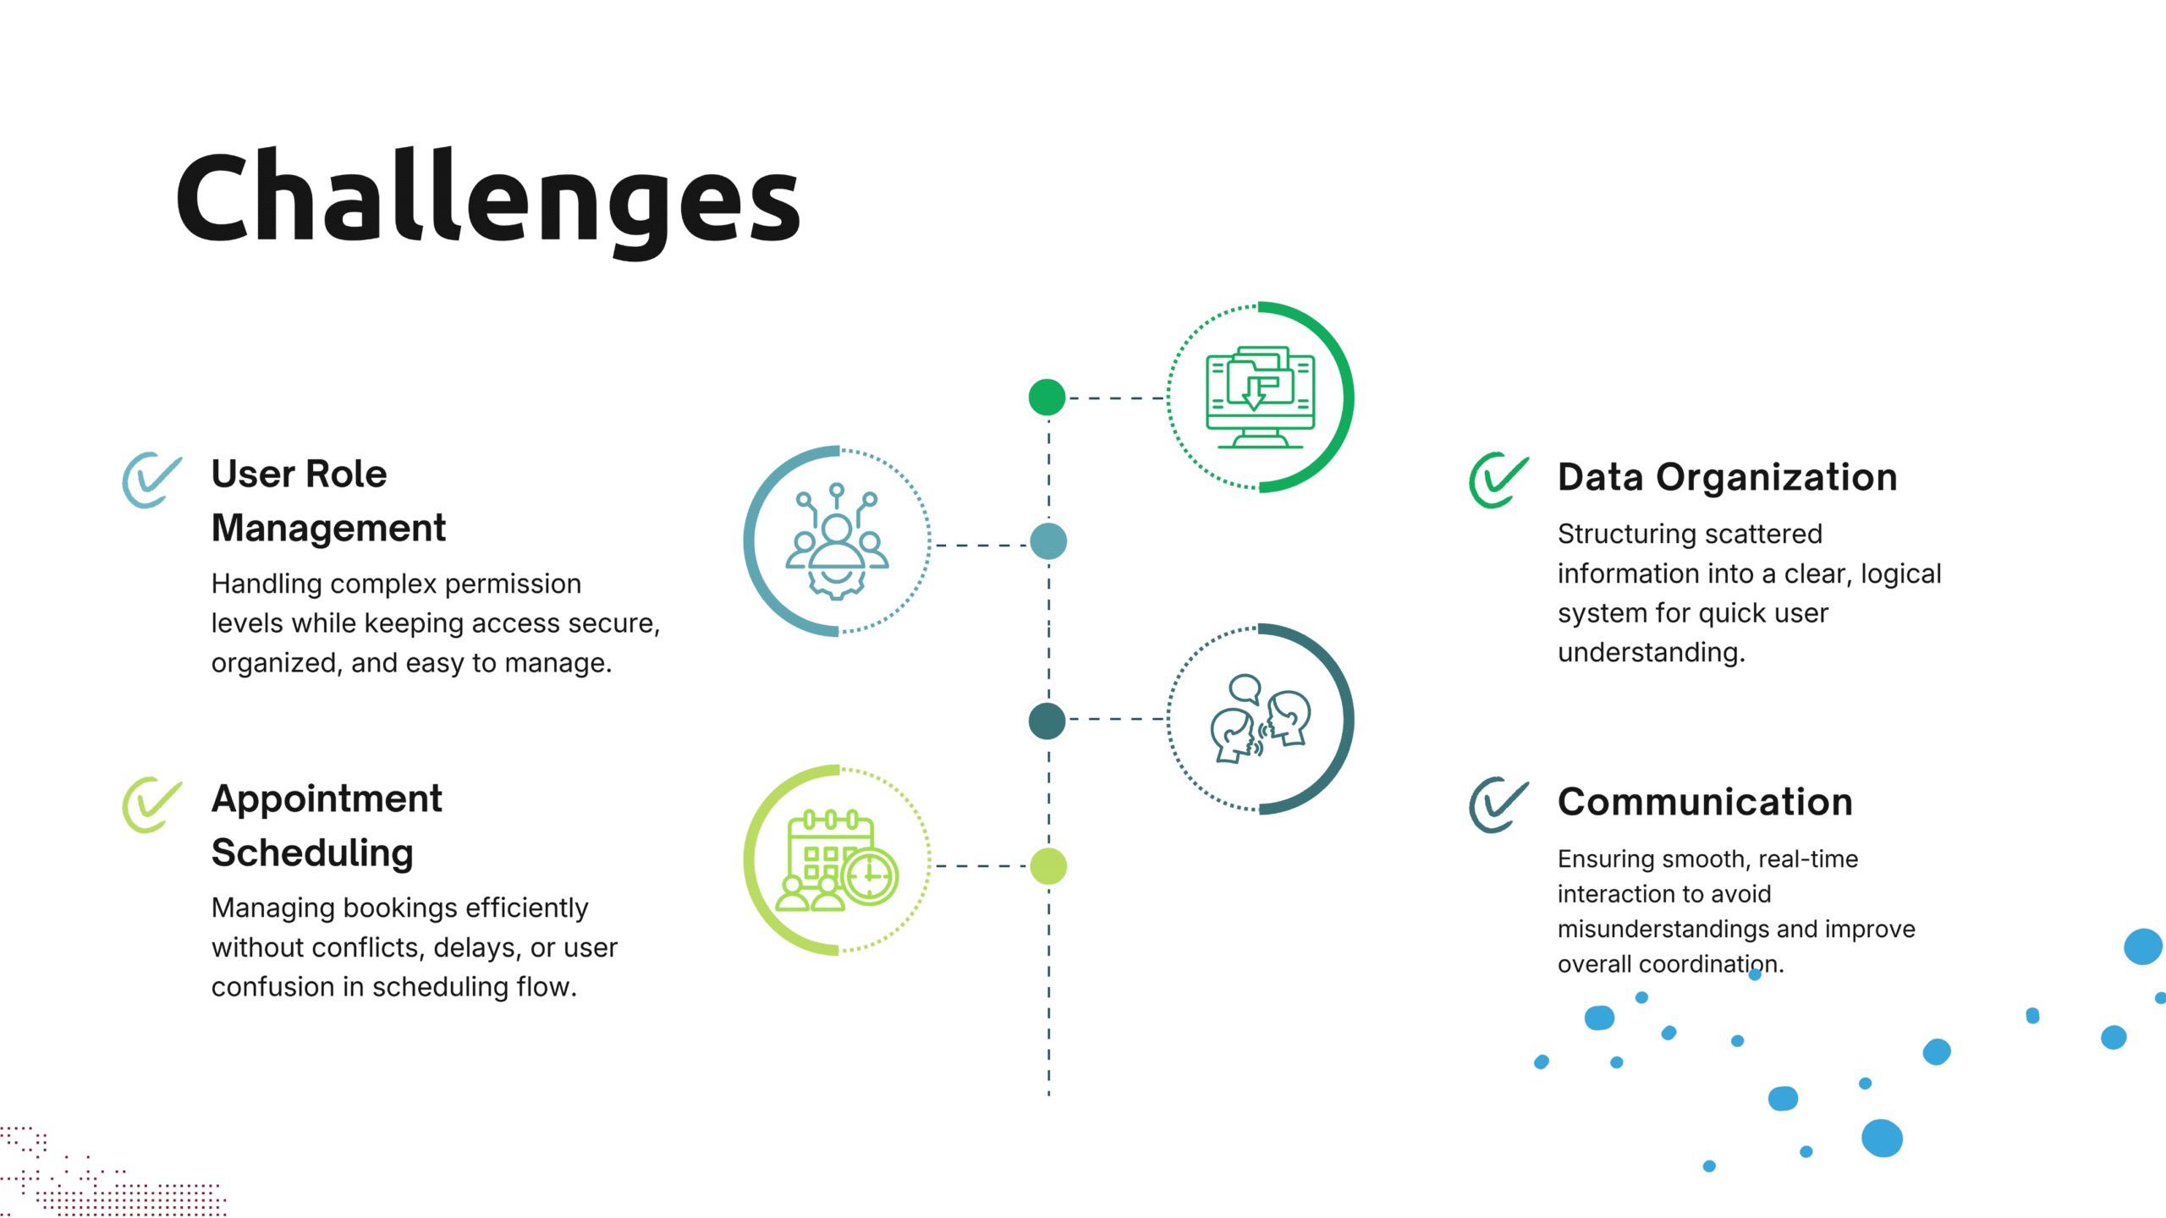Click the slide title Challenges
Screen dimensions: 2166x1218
coord(487,201)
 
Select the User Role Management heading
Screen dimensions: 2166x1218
coord(328,501)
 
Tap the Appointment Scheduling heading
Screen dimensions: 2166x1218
coord(327,826)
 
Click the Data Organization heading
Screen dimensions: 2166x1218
coord(1727,477)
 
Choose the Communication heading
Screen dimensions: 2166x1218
coord(1705,802)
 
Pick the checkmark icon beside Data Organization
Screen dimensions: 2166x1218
coord(1498,480)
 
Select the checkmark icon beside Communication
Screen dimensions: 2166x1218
coord(1498,804)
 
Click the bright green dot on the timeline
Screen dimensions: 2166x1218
coord(1047,398)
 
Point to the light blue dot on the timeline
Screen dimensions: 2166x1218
coord(1048,541)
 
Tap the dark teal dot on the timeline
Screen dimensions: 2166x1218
coord(1047,721)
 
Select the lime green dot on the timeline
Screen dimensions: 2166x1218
coord(1048,866)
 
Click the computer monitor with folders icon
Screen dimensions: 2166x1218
coord(1260,397)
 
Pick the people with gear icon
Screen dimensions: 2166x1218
coord(837,541)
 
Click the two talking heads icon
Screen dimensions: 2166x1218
coord(1260,719)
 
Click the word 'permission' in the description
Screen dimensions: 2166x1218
coord(513,584)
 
